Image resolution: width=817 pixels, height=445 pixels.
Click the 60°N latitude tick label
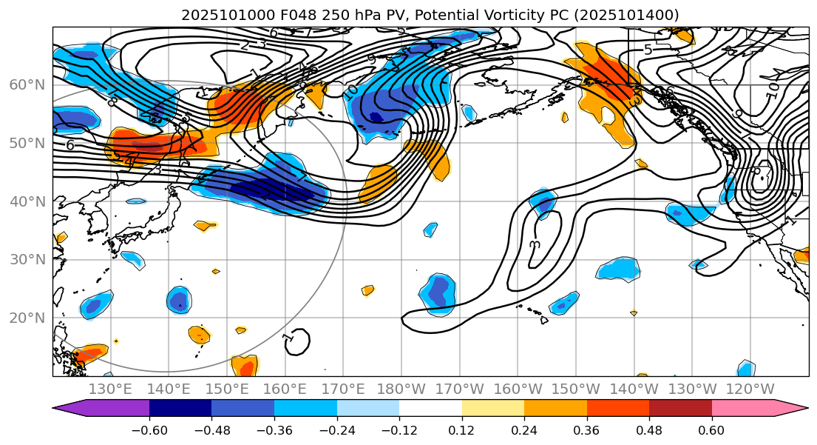[x=27, y=84]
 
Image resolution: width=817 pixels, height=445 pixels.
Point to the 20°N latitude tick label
[x=27, y=318]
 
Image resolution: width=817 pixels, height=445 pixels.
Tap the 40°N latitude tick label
[x=27, y=201]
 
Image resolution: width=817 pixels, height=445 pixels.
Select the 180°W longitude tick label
[x=401, y=389]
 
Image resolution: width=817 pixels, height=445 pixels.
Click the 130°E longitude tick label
[x=110, y=389]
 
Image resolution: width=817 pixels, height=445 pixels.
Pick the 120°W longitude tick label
[x=750, y=389]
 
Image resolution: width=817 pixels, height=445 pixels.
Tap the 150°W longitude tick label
[x=576, y=389]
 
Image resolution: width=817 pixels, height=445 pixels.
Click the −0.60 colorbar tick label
[x=149, y=430]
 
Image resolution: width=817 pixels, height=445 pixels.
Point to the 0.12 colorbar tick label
[x=462, y=430]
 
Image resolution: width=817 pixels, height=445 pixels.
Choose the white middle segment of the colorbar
[x=430, y=408]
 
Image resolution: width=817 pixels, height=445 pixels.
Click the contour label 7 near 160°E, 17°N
[x=288, y=337]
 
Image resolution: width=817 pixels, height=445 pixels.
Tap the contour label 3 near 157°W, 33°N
[x=535, y=244]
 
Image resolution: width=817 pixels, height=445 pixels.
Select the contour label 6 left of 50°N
[x=70, y=145]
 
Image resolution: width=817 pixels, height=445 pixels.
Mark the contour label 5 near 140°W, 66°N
[x=648, y=50]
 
